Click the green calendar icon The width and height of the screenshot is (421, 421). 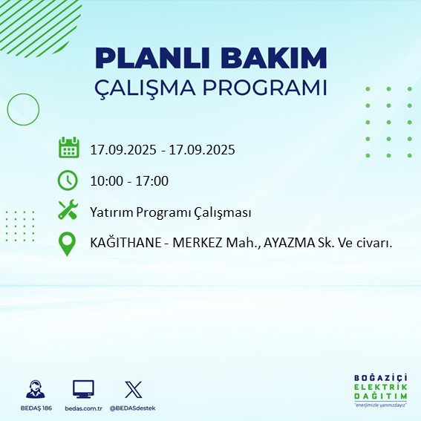click(x=68, y=148)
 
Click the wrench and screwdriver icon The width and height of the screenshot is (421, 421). click(x=68, y=211)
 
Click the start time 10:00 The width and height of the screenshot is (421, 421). click(x=105, y=180)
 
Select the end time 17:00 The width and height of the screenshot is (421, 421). click(x=152, y=180)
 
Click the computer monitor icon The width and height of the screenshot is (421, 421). click(x=82, y=389)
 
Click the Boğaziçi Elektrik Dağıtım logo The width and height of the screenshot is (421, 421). click(x=380, y=391)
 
